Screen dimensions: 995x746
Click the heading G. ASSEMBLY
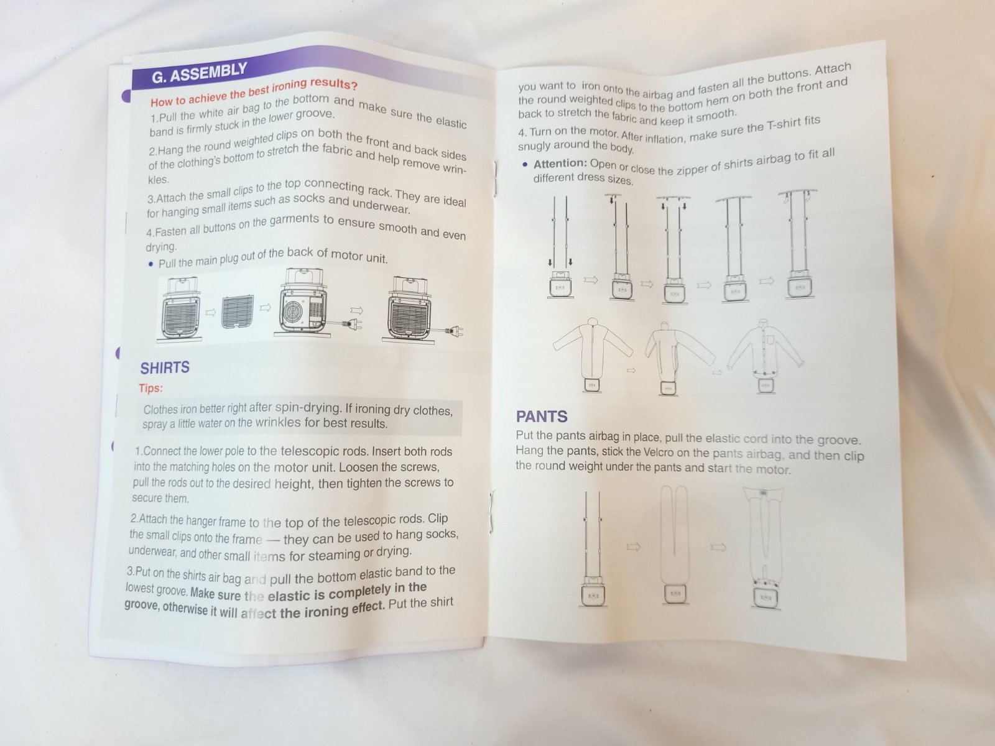coord(199,73)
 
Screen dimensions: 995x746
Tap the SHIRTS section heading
coord(165,368)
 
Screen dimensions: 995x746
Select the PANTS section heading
coord(542,417)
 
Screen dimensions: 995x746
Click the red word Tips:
coord(150,388)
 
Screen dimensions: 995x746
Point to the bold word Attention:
coord(560,163)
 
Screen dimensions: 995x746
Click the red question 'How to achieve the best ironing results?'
coord(254,93)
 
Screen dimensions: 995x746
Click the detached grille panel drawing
coord(238,311)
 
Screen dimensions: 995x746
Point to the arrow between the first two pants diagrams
coord(633,547)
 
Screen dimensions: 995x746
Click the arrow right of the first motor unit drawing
coord(210,313)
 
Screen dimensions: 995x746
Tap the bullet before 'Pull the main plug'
coord(151,264)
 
